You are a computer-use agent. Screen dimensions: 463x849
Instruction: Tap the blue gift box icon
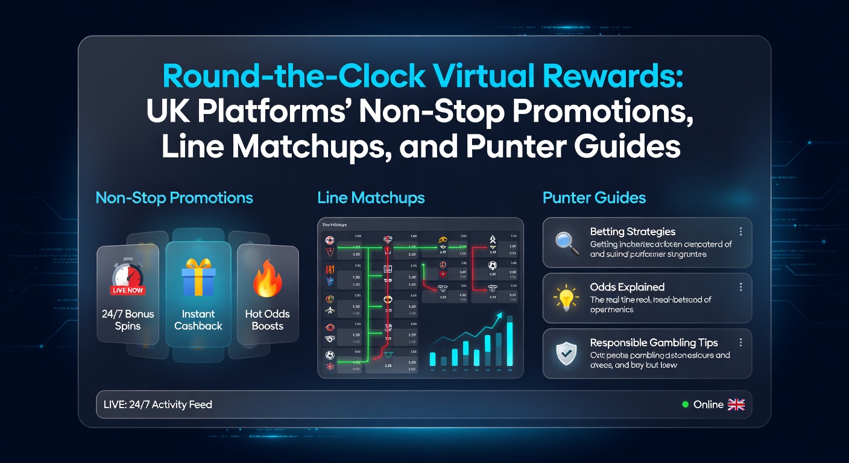coord(198,276)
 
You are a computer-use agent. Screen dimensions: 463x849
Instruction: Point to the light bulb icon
coord(566,298)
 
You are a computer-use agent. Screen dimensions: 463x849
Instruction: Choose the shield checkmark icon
coord(567,354)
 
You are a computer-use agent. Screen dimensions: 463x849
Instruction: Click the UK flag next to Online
coord(736,405)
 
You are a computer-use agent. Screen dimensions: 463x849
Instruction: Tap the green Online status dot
coord(685,405)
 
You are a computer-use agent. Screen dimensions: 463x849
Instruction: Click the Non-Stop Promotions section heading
coord(174,197)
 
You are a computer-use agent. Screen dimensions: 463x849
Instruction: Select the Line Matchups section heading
coord(371,197)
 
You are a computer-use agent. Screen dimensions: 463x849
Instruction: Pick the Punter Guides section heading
coord(594,197)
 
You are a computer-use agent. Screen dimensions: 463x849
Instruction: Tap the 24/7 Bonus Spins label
coord(127,320)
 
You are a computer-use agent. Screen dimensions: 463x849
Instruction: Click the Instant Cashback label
coord(198,320)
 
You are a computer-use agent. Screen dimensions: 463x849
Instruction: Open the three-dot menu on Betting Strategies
coord(740,231)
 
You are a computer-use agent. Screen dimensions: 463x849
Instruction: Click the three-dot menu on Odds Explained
coord(740,287)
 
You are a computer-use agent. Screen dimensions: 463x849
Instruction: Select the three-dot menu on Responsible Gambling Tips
coord(740,342)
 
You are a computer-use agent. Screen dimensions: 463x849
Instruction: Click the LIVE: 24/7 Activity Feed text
coord(158,405)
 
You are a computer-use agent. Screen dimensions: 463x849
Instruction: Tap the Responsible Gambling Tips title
coord(654,342)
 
